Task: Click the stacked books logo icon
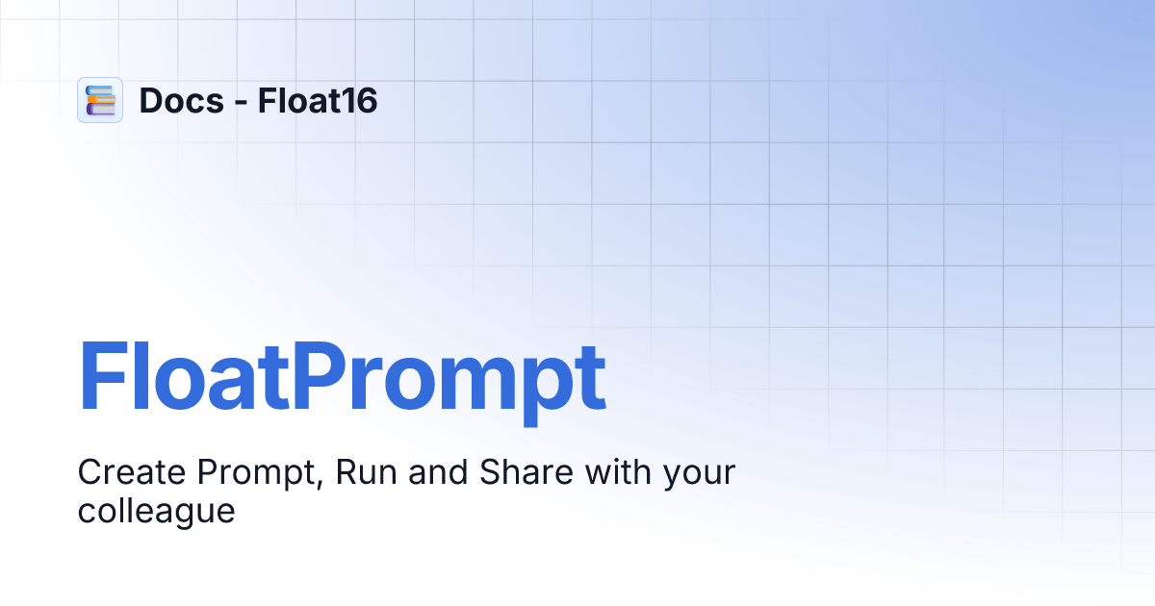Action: [100, 100]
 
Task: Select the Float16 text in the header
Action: [318, 100]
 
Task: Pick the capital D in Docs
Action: [150, 100]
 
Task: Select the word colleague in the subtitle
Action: [156, 511]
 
